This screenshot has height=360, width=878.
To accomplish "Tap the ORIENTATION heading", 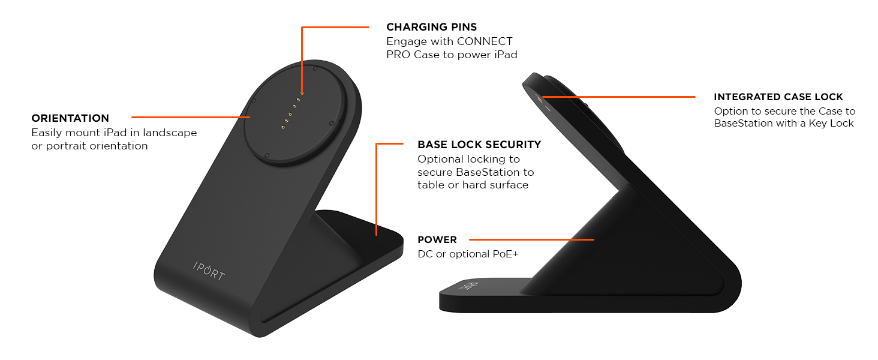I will click(70, 118).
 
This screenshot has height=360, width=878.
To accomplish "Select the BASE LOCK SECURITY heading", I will click(479, 145).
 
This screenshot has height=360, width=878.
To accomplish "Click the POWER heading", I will click(437, 240).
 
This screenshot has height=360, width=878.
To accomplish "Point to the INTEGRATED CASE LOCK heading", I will click(778, 97).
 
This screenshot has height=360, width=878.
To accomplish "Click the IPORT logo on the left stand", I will click(209, 271).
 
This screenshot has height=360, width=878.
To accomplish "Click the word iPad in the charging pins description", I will click(505, 55).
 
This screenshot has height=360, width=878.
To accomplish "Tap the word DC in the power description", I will click(425, 254).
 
